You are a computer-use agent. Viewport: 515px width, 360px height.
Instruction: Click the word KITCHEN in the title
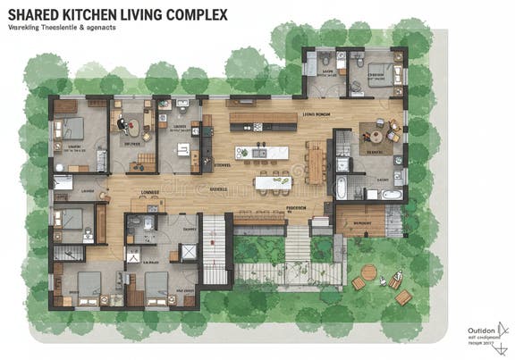coord(94,15)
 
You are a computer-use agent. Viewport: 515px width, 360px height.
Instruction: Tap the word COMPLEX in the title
coord(195,15)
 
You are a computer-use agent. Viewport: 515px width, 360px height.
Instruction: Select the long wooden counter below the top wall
coord(263,118)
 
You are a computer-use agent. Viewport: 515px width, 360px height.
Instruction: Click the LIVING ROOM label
coord(317,115)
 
